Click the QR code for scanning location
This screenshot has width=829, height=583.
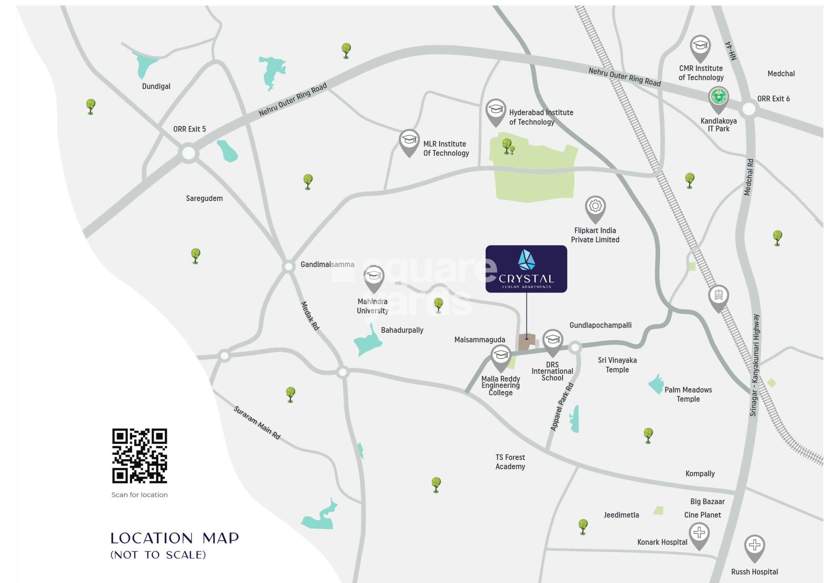[x=139, y=456]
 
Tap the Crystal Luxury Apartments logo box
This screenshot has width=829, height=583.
[x=526, y=269]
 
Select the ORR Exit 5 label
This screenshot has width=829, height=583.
[x=189, y=129]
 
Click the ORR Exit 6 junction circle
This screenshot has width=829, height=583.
[x=749, y=108]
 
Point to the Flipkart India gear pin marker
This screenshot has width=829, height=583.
[x=595, y=207]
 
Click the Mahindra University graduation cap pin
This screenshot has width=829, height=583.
[x=374, y=276]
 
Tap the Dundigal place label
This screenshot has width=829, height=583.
[x=156, y=86]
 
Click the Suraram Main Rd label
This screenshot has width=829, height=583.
[x=257, y=422]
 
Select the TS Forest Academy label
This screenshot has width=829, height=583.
[x=510, y=462]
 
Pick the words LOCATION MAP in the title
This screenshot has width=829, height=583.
[x=174, y=538]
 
